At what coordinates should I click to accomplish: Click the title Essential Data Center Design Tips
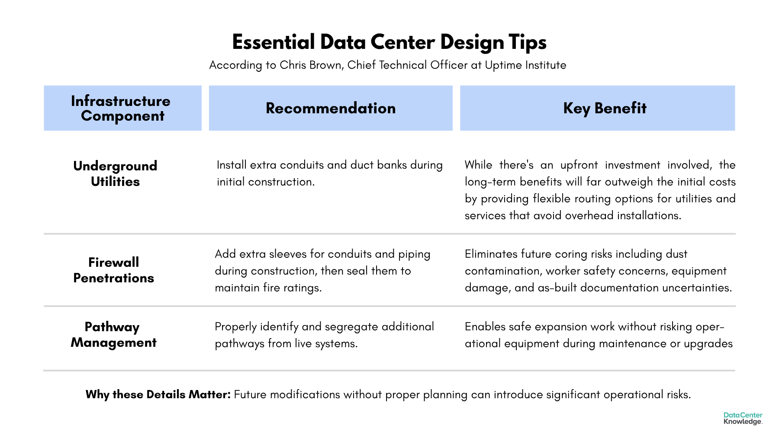tap(389, 42)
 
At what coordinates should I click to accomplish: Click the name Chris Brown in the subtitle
tap(310, 65)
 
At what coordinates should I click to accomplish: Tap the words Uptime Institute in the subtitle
tap(525, 65)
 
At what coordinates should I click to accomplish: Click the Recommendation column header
tap(331, 108)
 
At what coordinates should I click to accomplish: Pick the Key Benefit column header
tap(605, 108)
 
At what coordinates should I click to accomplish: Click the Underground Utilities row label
tap(115, 173)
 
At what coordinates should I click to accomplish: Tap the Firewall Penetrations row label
tap(113, 270)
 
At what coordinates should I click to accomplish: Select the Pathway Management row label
tap(113, 334)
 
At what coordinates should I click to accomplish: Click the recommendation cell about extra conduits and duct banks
tap(329, 173)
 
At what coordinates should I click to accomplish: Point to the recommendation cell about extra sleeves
tap(322, 271)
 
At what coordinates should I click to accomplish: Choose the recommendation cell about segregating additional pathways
tap(324, 335)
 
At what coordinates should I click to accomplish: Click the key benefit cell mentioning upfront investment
tap(600, 190)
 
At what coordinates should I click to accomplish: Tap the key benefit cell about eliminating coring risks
tap(598, 271)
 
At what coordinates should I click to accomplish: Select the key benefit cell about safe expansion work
tap(598, 335)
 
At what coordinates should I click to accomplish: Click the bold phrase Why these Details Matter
tap(158, 394)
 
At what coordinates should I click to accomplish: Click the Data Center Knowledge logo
tap(743, 418)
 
